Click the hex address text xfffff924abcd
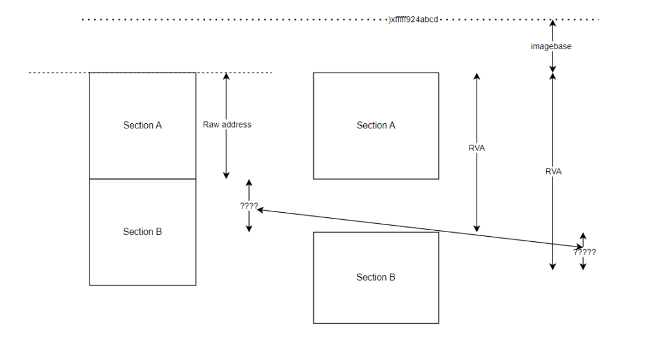click(x=414, y=19)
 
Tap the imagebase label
click(x=551, y=47)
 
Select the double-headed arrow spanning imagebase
click(x=552, y=32)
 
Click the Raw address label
click(x=227, y=124)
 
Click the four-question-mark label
click(x=248, y=206)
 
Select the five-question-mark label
click(x=584, y=252)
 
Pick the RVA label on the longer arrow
click(x=553, y=171)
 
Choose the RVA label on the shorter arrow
click(x=477, y=148)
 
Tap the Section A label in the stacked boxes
click(x=142, y=125)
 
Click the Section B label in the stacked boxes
click(x=142, y=232)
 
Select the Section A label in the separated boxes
click(x=375, y=125)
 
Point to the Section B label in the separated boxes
click(x=375, y=277)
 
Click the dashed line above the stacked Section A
click(x=58, y=73)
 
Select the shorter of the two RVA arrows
click(x=477, y=195)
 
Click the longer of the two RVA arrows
click(x=552, y=214)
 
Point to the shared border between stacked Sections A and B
click(x=142, y=178)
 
